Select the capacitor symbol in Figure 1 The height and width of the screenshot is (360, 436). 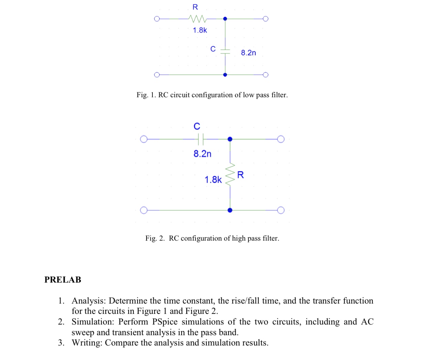(225, 51)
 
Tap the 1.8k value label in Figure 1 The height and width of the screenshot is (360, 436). (200, 30)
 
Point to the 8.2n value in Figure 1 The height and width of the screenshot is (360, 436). (248, 53)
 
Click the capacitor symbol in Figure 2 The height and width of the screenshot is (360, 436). (201, 139)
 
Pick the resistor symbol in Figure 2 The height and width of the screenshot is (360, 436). (230, 175)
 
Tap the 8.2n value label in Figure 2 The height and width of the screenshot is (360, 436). (202, 154)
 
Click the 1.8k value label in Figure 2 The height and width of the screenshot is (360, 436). (213, 179)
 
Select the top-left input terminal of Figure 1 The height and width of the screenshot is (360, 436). (157, 19)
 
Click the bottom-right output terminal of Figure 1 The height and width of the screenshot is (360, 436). (265, 75)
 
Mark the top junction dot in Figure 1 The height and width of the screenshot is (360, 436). (225, 19)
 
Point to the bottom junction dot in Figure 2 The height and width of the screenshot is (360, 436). (230, 210)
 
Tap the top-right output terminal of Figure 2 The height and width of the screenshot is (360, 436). (281, 139)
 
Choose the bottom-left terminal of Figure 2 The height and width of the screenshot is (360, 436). (144, 210)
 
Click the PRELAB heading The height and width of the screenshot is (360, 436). (63, 280)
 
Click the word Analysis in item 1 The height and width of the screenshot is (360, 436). (88, 301)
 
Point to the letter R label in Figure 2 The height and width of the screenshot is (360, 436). (241, 175)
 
